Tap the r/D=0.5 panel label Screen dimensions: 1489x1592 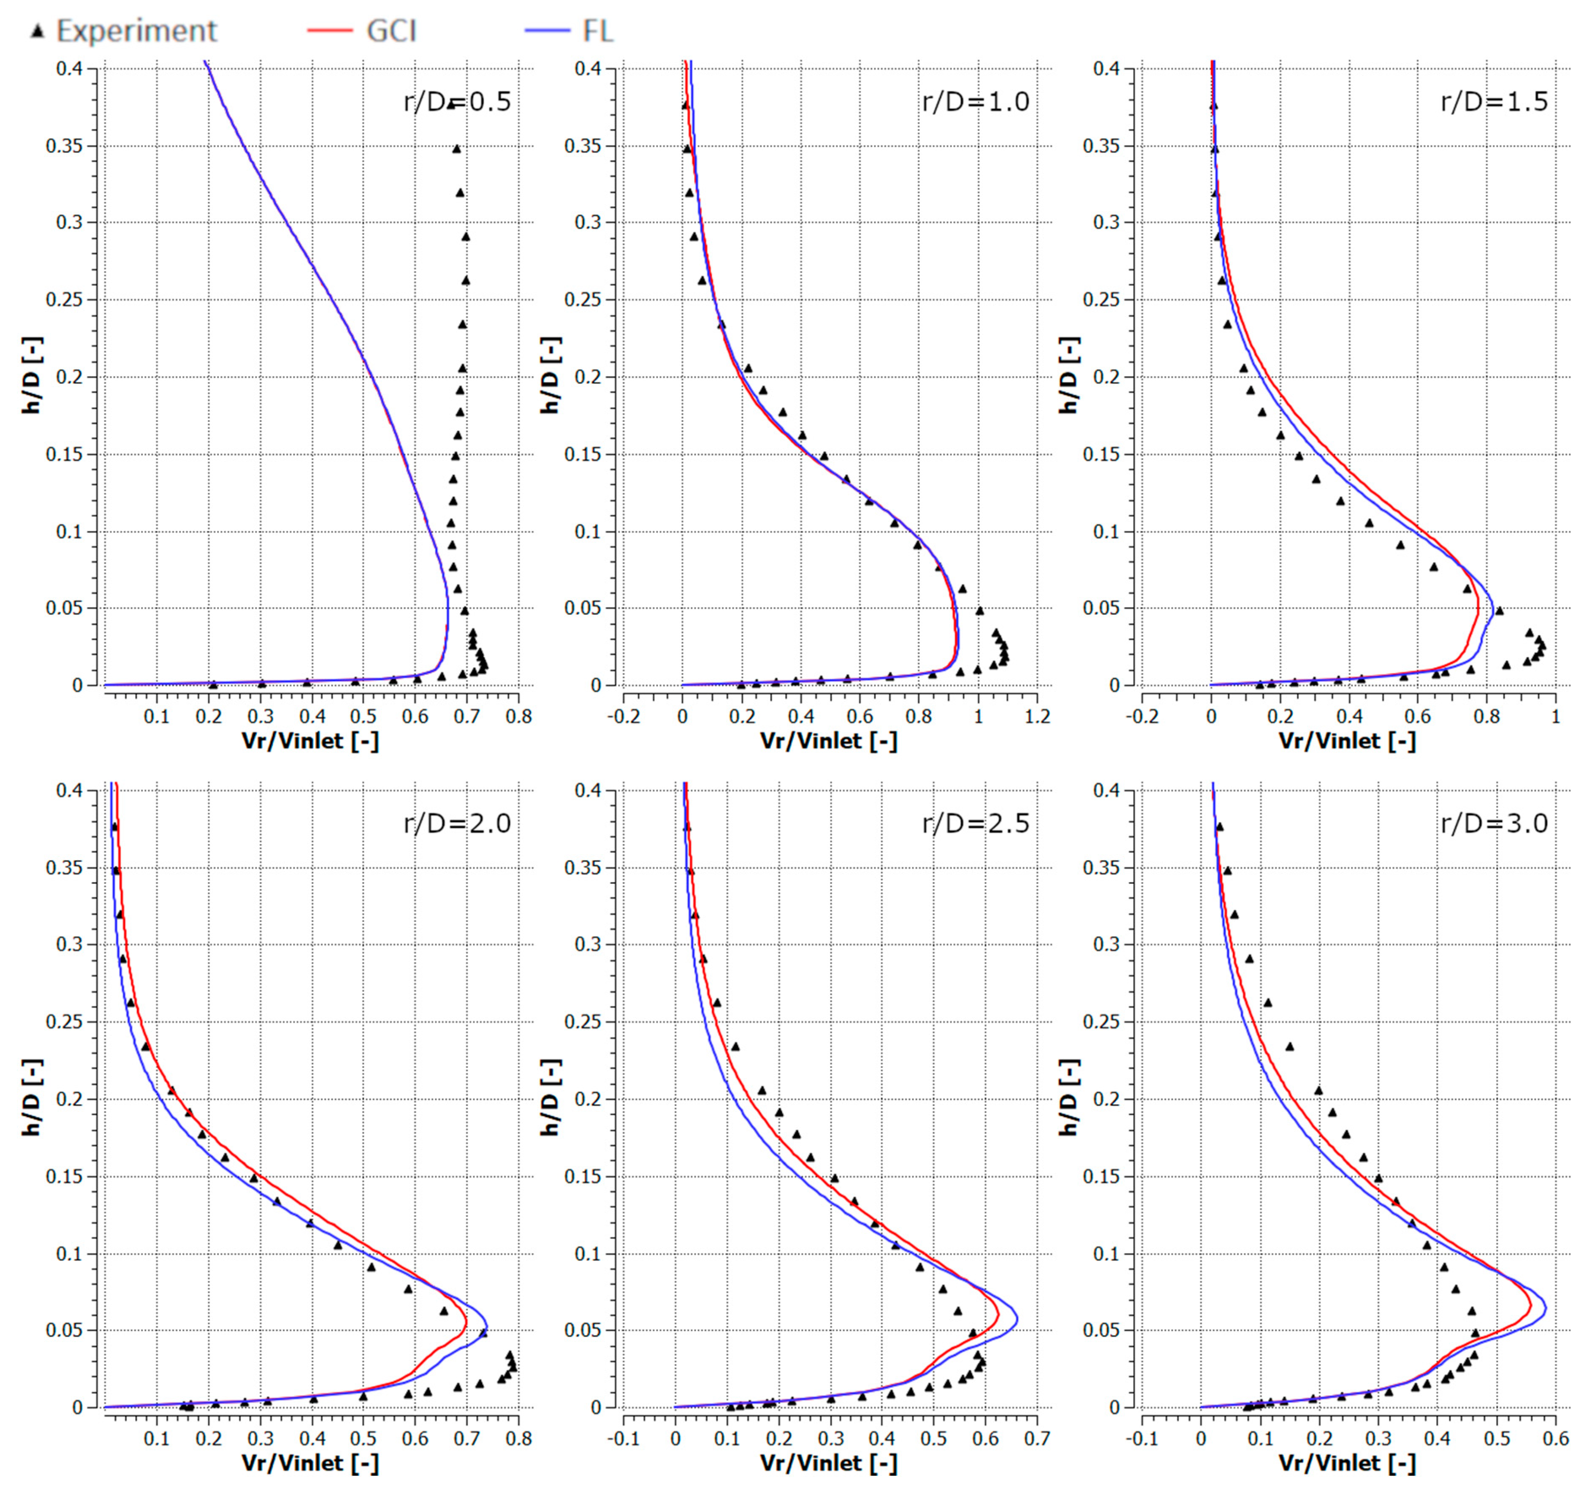click(457, 102)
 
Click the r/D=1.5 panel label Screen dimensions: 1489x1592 click(1494, 102)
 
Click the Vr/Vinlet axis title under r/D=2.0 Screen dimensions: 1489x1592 click(310, 1462)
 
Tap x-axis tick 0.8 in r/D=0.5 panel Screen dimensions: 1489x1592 click(519, 715)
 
